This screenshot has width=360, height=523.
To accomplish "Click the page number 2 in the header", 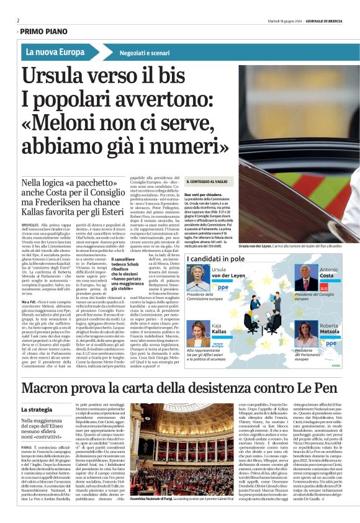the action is coord(18,20).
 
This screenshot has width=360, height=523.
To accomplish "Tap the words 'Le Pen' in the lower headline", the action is coord(314,372).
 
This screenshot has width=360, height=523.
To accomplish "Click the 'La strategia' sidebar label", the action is coord(37,392).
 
